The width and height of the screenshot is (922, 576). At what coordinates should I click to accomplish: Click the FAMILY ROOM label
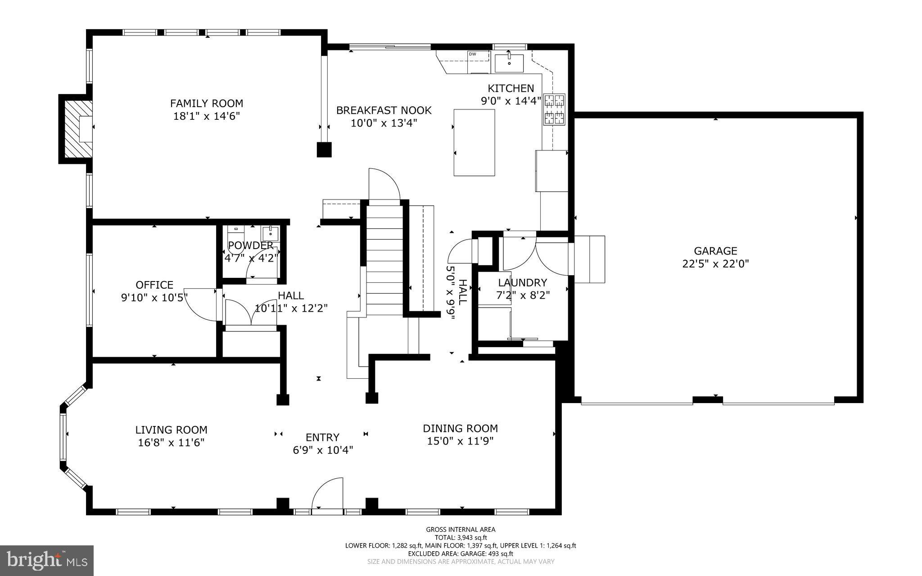[x=206, y=103]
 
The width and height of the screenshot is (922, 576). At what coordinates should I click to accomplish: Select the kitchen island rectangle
[x=474, y=142]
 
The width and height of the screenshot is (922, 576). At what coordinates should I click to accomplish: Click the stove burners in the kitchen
[x=554, y=109]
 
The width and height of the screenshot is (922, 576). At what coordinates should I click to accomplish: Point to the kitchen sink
[x=509, y=63]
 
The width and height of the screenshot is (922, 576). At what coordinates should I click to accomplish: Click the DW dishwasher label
[x=472, y=54]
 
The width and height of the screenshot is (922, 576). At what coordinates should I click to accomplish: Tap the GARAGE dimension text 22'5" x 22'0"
[x=715, y=264]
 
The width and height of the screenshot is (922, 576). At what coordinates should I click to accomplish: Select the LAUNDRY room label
[x=522, y=283]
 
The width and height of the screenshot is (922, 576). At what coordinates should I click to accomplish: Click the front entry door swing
[x=328, y=496]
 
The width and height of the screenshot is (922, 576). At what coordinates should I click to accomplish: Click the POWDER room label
[x=250, y=245]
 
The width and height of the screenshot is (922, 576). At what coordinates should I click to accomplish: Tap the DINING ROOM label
[x=460, y=428]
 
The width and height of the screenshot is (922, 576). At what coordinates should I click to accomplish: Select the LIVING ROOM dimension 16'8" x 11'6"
[x=171, y=443]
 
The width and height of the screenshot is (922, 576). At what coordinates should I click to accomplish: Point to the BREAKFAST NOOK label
[x=384, y=110]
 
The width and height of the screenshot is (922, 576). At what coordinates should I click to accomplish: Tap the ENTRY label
[x=322, y=437]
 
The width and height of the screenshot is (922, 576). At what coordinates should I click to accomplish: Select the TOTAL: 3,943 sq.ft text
[x=460, y=538]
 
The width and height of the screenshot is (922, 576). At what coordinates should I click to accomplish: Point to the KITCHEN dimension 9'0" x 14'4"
[x=511, y=101]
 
